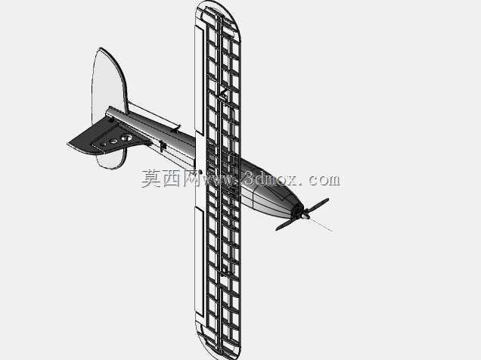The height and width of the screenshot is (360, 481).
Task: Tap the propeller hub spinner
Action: [x=305, y=216]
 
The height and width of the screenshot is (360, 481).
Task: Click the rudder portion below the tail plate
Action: [x=111, y=159]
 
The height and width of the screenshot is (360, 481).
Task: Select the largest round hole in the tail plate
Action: [x=126, y=138]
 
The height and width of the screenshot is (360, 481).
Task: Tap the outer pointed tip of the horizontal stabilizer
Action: [x=68, y=144]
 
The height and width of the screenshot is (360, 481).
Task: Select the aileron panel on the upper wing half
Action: [x=199, y=80]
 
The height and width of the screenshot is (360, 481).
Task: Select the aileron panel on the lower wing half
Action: [x=199, y=261]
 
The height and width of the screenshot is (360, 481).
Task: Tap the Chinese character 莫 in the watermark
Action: [x=151, y=178]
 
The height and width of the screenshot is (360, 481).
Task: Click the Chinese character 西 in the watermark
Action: [x=171, y=178]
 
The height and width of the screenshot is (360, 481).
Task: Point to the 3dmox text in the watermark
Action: [x=269, y=178]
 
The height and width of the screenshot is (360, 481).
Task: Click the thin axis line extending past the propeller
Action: [x=321, y=225]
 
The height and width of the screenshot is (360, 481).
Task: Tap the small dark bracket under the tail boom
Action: [x=163, y=146]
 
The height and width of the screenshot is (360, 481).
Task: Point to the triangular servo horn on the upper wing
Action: [x=223, y=94]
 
